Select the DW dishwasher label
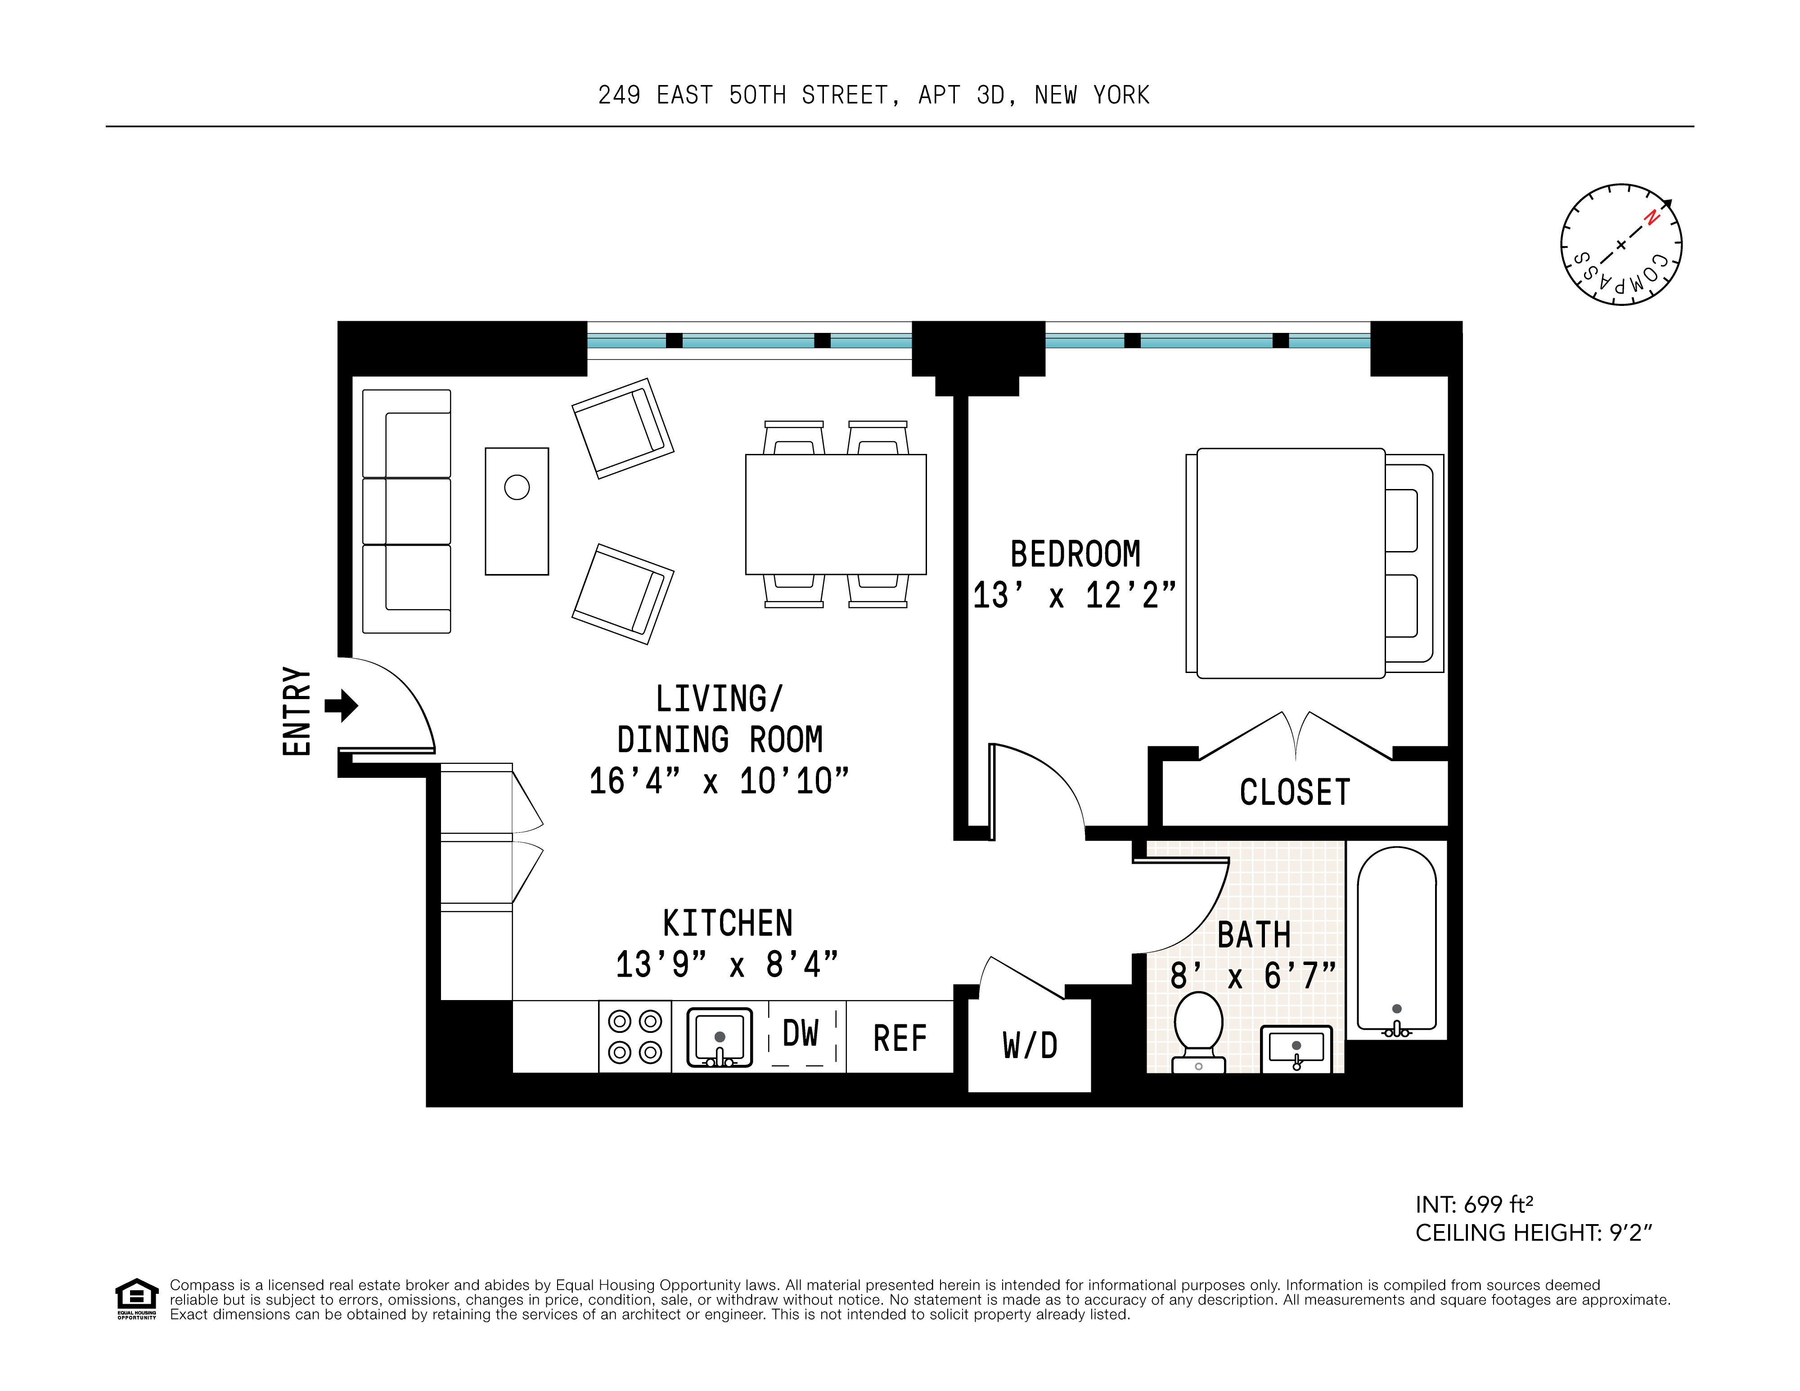800,1033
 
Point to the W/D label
1030,1045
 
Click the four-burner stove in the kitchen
634,1037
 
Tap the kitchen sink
720,1037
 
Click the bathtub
1396,939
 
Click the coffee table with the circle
517,511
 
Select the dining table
836,514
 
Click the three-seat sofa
406,511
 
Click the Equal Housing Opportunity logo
136,1298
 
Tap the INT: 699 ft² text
1474,1205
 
